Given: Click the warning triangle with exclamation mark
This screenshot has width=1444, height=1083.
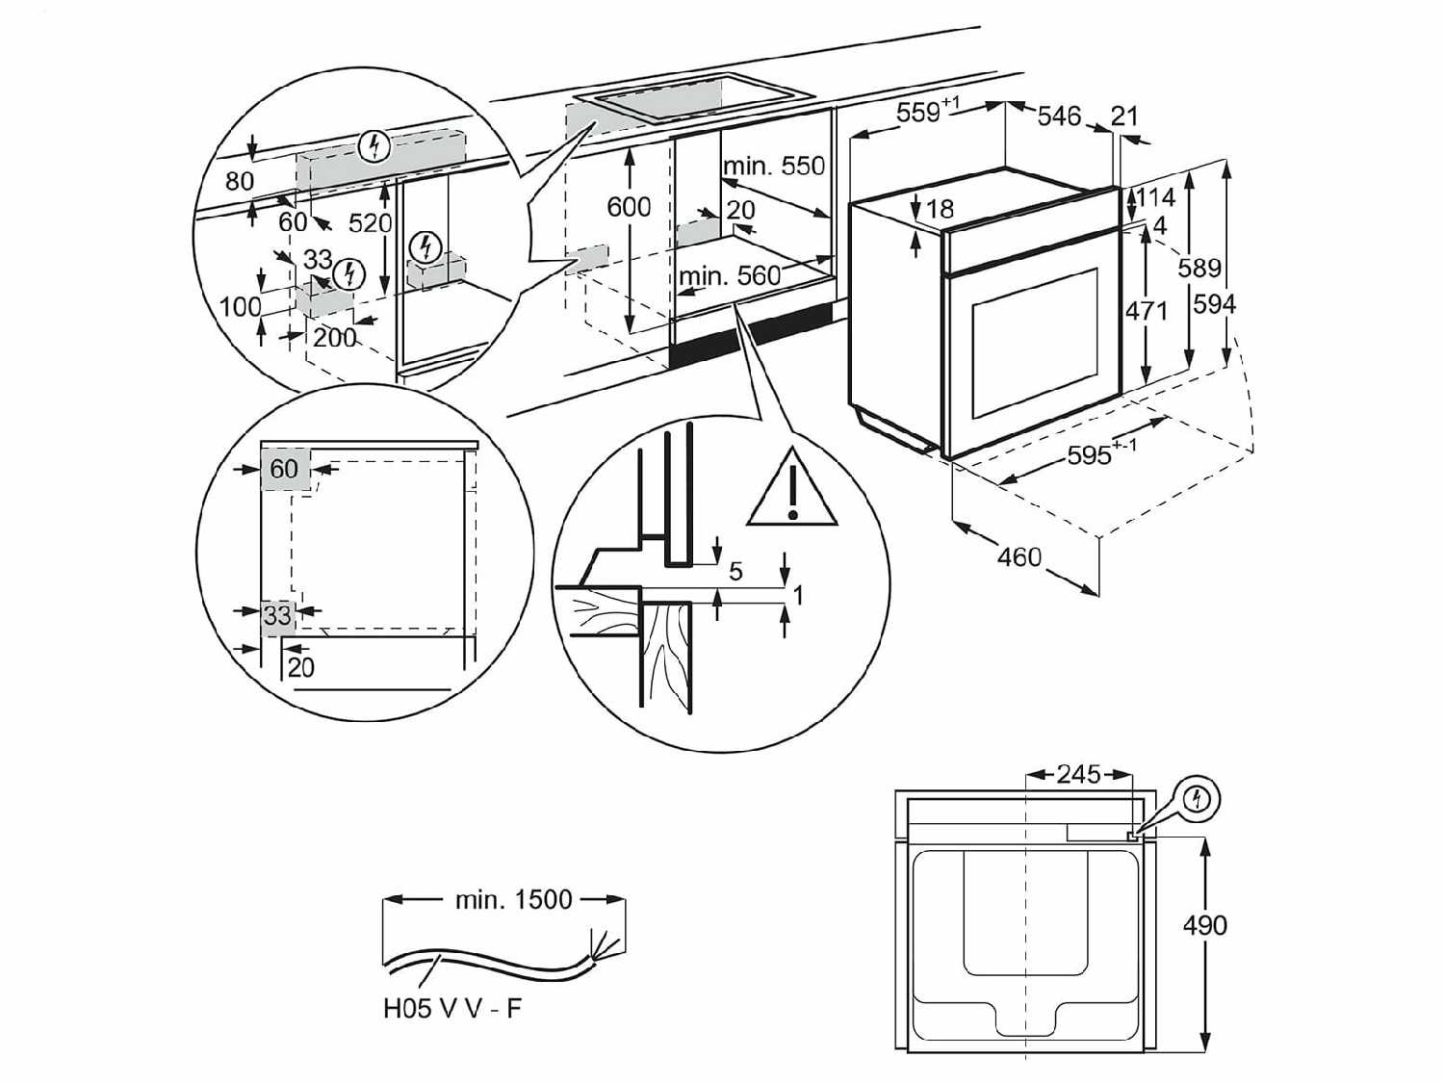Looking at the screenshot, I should click(792, 490).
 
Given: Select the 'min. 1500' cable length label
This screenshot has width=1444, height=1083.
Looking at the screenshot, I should click(514, 900).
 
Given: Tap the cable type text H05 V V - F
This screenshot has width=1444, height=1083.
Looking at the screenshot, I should click(452, 1009).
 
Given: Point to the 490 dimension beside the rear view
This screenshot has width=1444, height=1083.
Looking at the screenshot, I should click(1204, 925).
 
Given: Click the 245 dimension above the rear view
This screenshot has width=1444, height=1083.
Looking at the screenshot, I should click(1078, 774).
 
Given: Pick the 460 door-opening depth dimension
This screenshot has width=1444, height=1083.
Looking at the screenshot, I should click(1019, 556).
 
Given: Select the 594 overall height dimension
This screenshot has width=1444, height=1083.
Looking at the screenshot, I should click(1214, 304).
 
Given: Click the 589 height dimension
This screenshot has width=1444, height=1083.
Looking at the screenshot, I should click(1199, 268).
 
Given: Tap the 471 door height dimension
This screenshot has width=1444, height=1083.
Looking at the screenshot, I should click(1147, 311).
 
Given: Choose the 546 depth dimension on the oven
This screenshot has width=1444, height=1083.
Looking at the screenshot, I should click(1059, 116).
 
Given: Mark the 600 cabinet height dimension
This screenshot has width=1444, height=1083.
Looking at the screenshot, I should click(629, 207).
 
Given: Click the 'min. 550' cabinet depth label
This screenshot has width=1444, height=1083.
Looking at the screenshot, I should click(774, 167).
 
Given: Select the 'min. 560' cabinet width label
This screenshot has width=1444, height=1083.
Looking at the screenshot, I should click(730, 277).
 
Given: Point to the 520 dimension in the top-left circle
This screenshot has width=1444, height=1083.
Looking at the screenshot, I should click(370, 223).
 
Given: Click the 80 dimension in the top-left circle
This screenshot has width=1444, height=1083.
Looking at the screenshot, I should click(240, 181).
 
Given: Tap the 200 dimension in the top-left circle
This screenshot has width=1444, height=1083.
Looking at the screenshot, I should click(334, 338).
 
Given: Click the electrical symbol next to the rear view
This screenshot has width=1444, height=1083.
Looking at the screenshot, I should click(1198, 799).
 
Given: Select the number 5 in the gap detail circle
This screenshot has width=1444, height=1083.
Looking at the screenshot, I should click(735, 572).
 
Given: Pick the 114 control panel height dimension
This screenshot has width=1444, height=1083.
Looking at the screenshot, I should click(1155, 197).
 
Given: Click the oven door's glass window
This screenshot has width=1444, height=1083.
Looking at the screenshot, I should click(1035, 342).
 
